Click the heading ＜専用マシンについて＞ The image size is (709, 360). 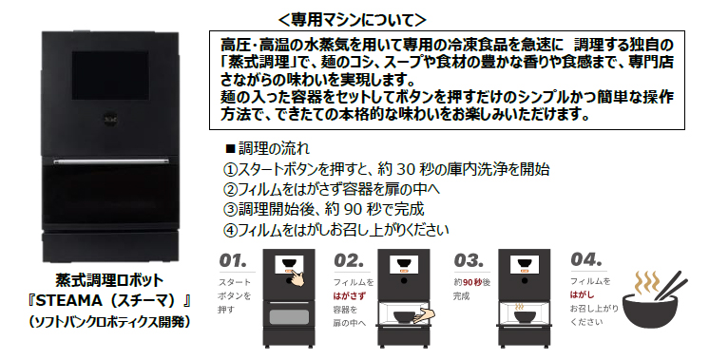tap(353, 19)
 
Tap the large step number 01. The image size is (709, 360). tap(233, 260)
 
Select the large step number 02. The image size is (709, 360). tap(349, 260)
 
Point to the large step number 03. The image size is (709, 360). tap(469, 260)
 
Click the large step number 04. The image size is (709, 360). tap(586, 259)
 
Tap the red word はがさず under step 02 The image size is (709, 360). tap(349, 296)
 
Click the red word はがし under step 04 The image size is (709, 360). tap(582, 295)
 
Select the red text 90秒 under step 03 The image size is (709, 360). tap(472, 283)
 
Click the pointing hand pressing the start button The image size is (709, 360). tap(297, 277)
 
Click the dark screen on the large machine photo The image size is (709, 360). tap(110, 75)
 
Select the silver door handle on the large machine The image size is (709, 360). tap(111, 161)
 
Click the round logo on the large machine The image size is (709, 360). tap(110, 120)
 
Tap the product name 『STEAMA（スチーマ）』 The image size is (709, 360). tap(108, 300)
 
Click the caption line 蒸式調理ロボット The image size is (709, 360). tap(109, 280)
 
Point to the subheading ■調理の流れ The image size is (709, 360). tap(268, 147)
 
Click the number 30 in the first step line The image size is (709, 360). tap(406, 168)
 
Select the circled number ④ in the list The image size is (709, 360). tap(230, 230)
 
